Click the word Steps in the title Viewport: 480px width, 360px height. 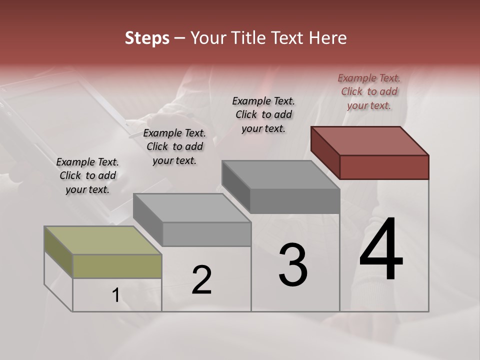tap(147, 38)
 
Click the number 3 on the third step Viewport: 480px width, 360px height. tap(293, 265)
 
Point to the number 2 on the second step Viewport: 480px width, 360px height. tap(201, 280)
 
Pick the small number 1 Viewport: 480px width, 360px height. tap(115, 295)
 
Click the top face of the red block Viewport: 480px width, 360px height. tap(370, 140)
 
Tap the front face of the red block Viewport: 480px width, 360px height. tap(384, 167)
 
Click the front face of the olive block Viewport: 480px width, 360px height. tap(117, 266)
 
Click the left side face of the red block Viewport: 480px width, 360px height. tap(325, 152)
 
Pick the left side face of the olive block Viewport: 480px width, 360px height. tap(58, 251)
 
